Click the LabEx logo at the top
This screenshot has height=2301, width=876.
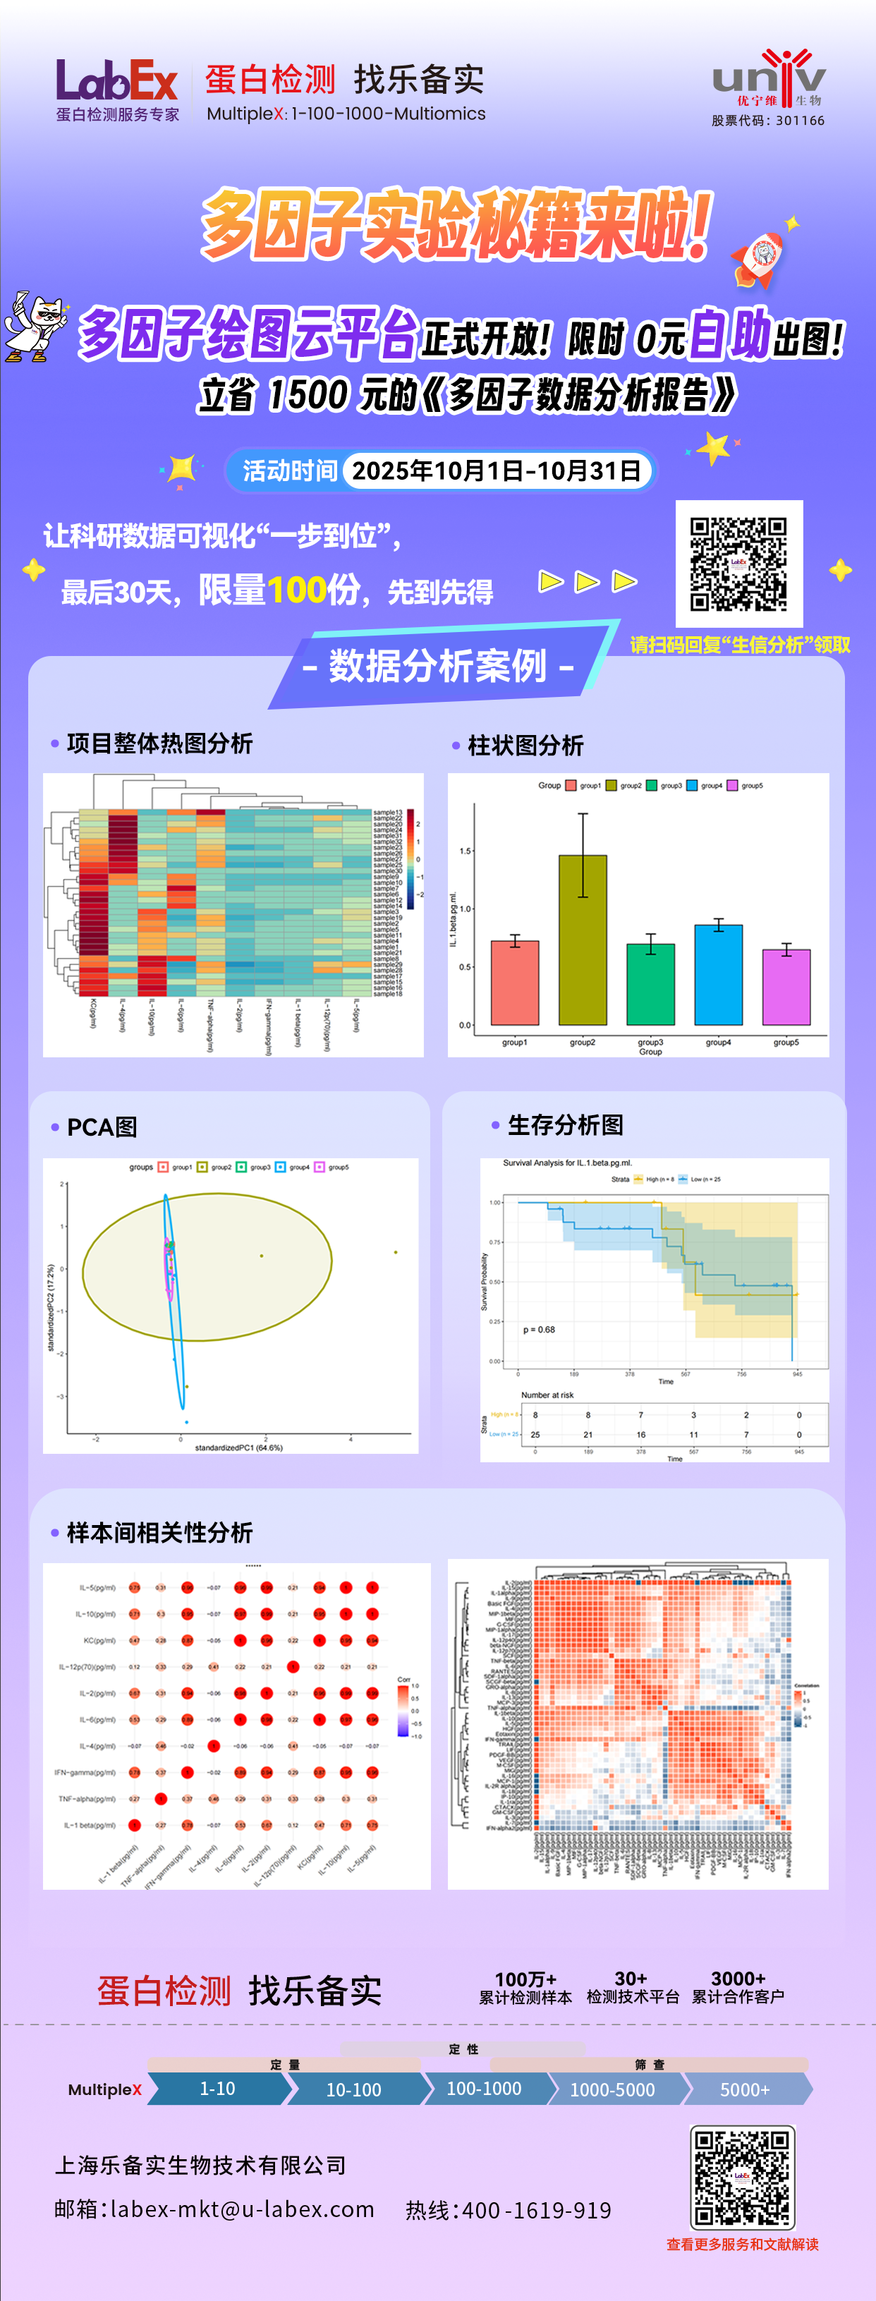pos(117,82)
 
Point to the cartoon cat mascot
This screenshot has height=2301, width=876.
pos(36,326)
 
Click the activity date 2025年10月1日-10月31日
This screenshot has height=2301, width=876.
pos(497,470)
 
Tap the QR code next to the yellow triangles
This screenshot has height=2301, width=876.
pos(738,564)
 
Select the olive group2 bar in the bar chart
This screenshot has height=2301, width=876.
pos(582,939)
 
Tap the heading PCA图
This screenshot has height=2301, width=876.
pos(102,1127)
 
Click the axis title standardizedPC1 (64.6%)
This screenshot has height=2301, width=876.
pos(238,1447)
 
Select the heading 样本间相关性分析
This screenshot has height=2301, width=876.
pos(159,1533)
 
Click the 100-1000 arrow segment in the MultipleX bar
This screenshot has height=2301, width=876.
pos(484,2089)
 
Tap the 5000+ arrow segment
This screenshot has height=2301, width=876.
pos(745,2089)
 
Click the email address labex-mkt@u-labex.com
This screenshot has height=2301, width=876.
pos(242,2209)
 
